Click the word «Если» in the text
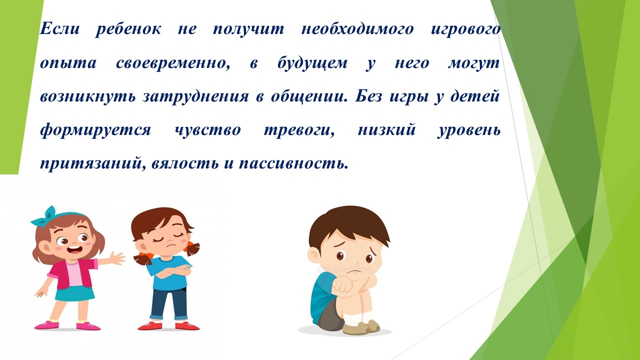coord(59,29)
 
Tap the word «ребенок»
coord(128,29)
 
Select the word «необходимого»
coord(357,29)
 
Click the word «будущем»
coord(312,63)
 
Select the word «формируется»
coord(95,130)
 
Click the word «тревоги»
coord(299,130)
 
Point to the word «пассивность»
coord(293,163)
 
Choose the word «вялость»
coord(185,163)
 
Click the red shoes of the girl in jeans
coord(168,325)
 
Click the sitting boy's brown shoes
coord(361,327)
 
